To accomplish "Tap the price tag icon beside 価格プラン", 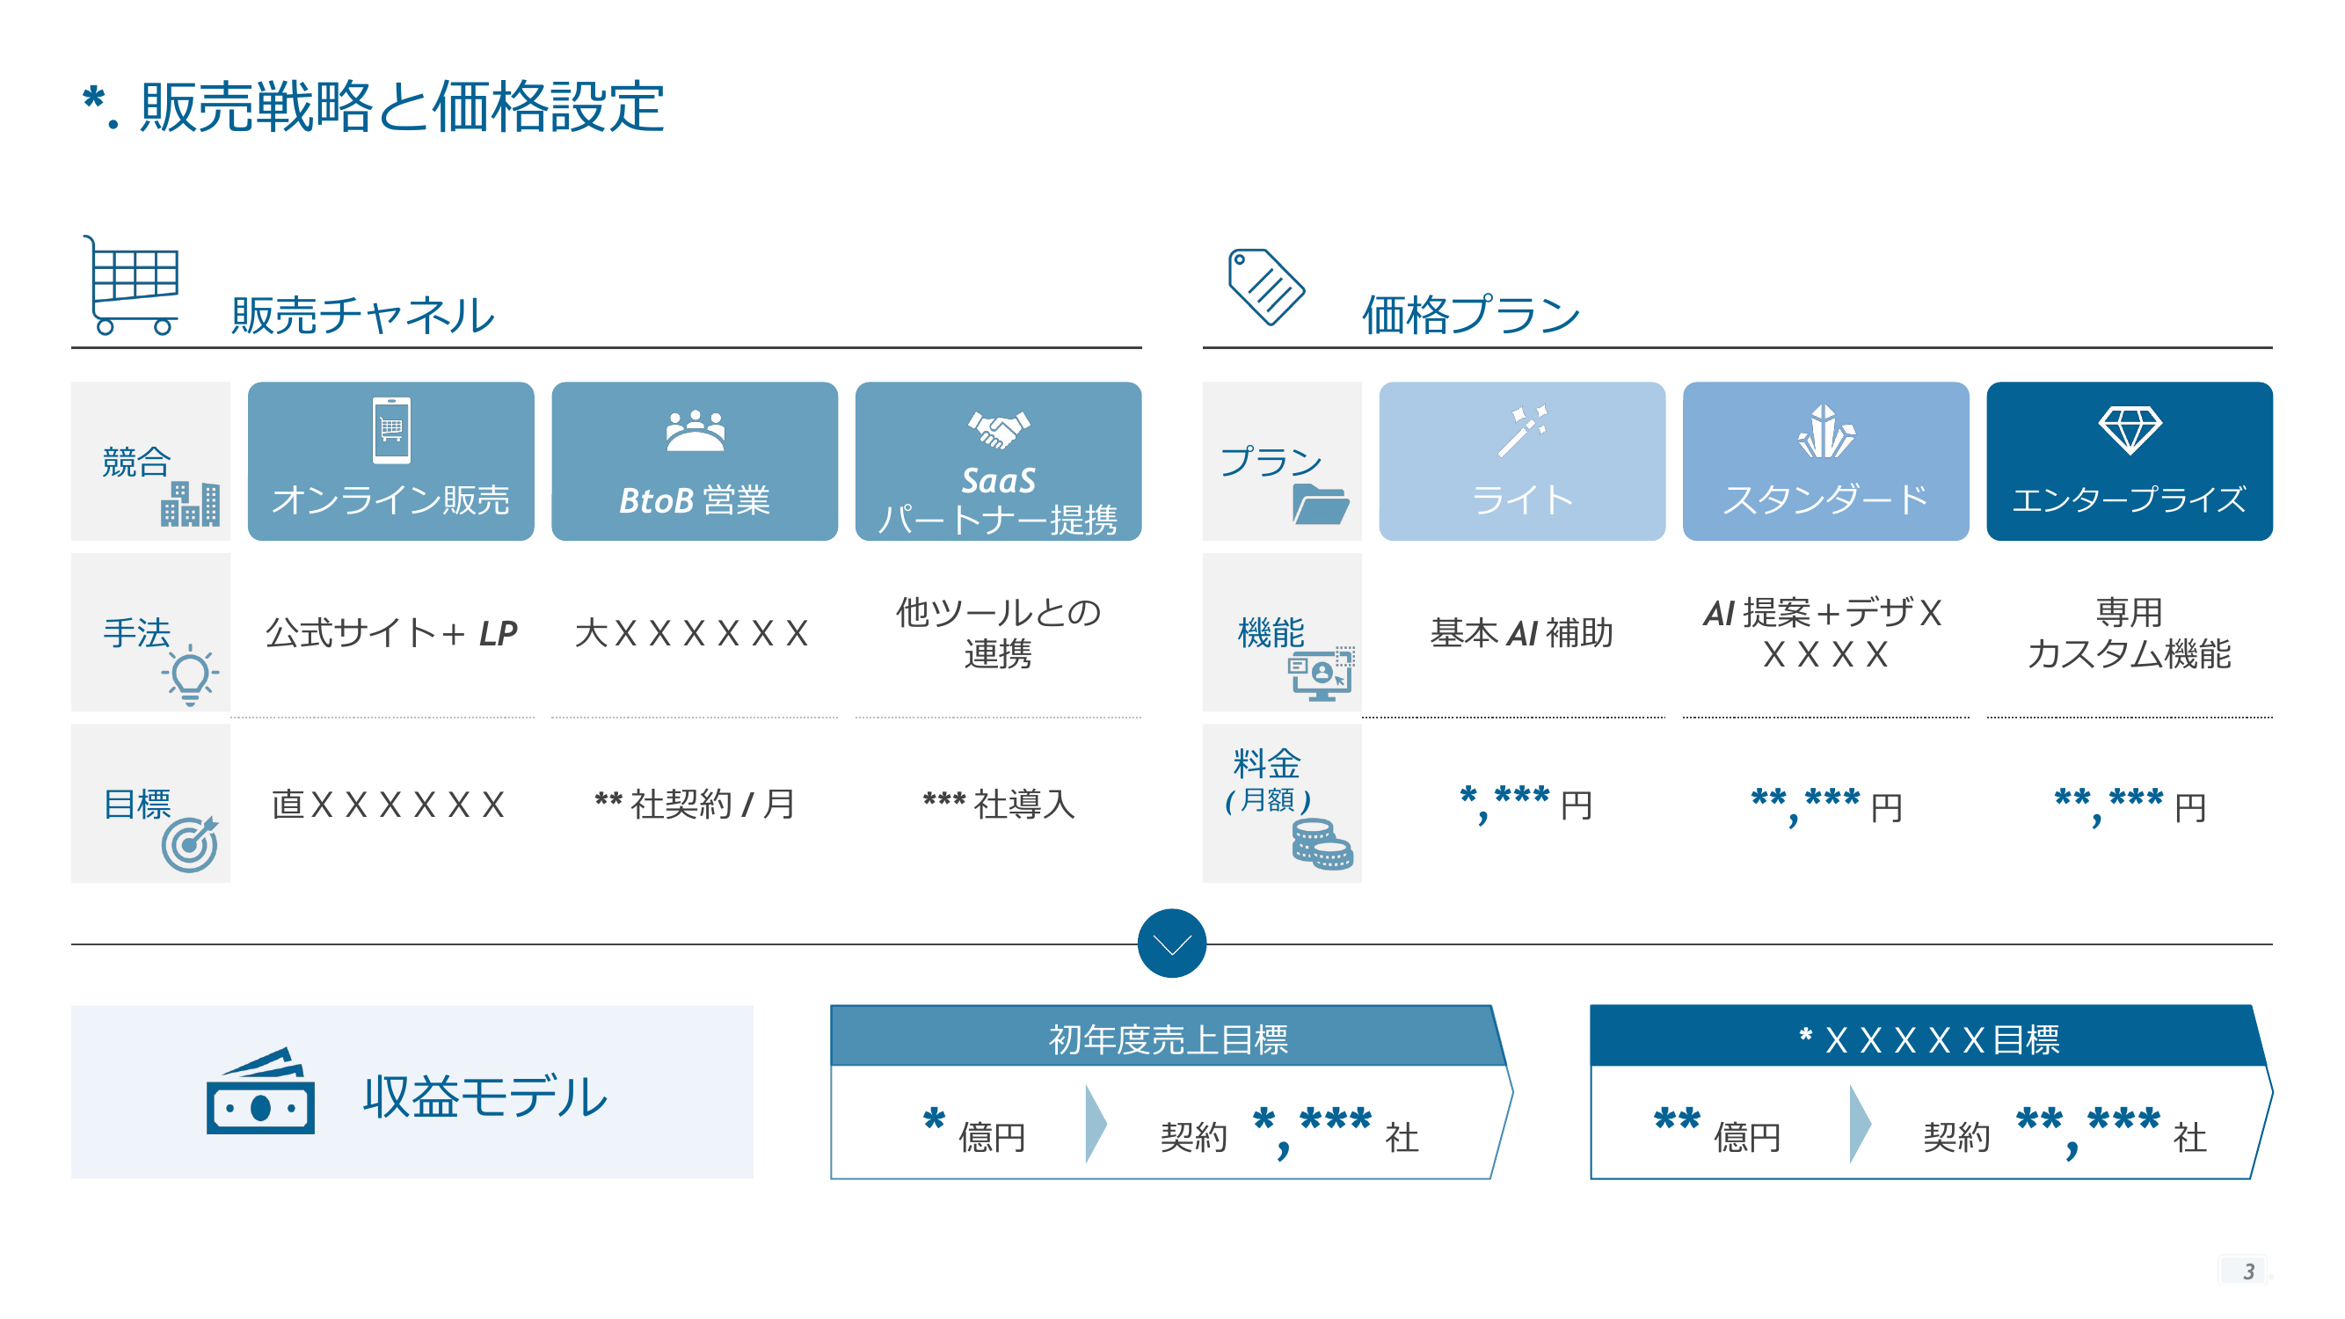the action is pyautogui.click(x=1265, y=286).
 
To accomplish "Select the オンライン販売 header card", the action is pyautogui.click(x=390, y=461).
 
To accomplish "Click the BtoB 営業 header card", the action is pyautogui.click(x=695, y=461).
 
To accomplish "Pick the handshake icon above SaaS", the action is pyautogui.click(x=999, y=429).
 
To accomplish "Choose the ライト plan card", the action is pyautogui.click(x=1522, y=461).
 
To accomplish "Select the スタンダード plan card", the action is pyautogui.click(x=1826, y=461).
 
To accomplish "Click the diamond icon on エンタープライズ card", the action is pyautogui.click(x=2130, y=430).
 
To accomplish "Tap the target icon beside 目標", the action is pyautogui.click(x=190, y=844).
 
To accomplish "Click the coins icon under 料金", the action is pyautogui.click(x=1322, y=844).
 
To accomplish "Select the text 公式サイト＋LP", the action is pyautogui.click(x=391, y=632).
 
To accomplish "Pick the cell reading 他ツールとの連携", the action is pyautogui.click(x=999, y=632).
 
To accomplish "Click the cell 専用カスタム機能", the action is pyautogui.click(x=2130, y=632).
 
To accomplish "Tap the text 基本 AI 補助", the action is pyautogui.click(x=1522, y=632).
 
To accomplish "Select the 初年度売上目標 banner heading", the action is pyautogui.click(x=1168, y=1038).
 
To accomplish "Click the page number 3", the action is pyautogui.click(x=2248, y=1271).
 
